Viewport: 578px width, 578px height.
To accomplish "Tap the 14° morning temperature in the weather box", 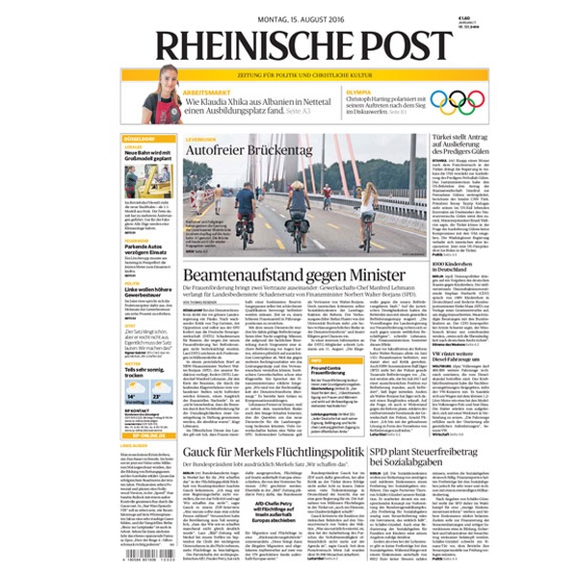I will [131, 396].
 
